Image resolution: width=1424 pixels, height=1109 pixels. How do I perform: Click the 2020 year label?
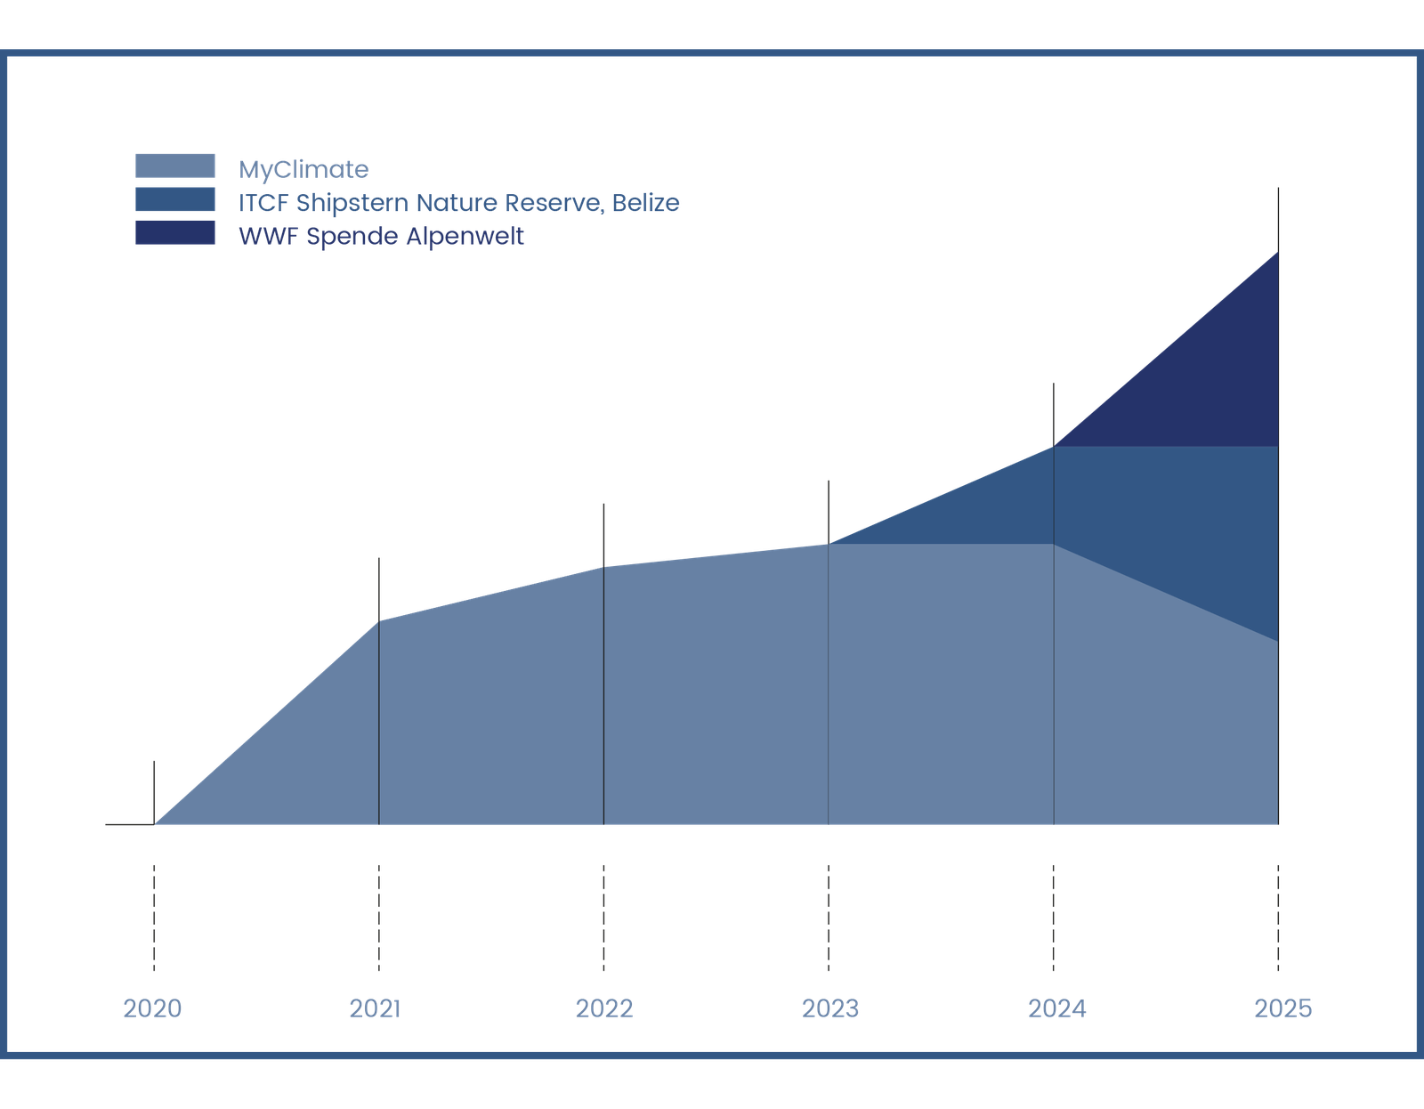[x=152, y=1008]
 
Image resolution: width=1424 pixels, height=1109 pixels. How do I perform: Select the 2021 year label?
[x=376, y=1008]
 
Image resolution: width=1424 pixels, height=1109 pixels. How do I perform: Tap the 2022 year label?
[x=604, y=1008]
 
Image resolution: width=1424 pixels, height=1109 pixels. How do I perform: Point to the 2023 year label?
[x=830, y=1008]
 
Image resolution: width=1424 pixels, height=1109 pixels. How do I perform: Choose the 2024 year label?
[x=1057, y=1008]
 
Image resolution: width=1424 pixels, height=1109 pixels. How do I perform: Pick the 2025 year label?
[x=1282, y=1008]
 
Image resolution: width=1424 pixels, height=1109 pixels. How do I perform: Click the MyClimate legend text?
[x=303, y=169]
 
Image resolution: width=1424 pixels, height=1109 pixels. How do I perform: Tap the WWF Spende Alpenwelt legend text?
[x=381, y=237]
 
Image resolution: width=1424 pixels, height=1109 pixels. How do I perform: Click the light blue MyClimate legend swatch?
[x=174, y=166]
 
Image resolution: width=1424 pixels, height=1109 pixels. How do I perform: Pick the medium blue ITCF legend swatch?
[x=174, y=199]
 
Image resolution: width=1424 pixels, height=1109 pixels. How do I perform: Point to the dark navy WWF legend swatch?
[x=174, y=233]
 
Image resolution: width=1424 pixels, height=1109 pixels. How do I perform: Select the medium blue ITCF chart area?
[x=1157, y=525]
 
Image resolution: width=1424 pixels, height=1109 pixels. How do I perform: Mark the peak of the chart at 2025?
[x=1278, y=253]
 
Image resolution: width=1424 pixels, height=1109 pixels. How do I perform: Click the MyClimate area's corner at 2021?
[x=379, y=620]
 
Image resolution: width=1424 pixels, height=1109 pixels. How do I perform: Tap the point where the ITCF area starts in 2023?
[x=829, y=543]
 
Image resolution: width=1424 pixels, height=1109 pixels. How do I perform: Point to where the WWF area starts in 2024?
[x=1055, y=445]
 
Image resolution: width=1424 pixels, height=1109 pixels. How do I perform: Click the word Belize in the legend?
[x=646, y=203]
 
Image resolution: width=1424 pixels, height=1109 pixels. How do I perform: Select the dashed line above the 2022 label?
[x=604, y=917]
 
